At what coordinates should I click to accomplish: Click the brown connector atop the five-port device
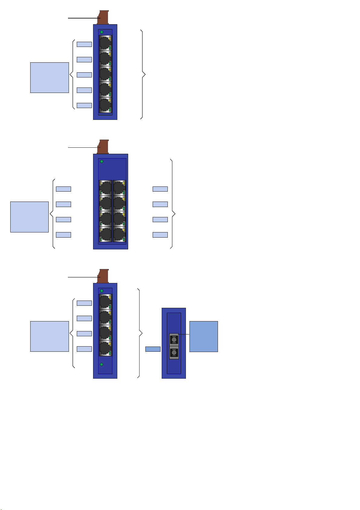[103, 17]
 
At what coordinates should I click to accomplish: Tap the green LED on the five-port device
[102, 32]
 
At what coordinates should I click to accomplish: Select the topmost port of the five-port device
[105, 43]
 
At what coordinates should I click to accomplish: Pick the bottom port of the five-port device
[105, 105]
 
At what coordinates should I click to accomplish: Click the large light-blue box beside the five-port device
[50, 77]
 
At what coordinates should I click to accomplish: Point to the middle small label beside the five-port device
[84, 75]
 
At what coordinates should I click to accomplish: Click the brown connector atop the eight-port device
[103, 146]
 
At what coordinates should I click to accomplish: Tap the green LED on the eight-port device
[102, 161]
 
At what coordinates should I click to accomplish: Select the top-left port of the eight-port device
[106, 188]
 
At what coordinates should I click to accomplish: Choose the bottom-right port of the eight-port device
[119, 235]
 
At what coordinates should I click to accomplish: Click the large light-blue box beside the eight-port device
[29, 217]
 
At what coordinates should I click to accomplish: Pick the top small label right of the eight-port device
[160, 189]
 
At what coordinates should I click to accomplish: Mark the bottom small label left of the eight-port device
[63, 235]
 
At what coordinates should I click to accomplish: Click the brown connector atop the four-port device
[103, 276]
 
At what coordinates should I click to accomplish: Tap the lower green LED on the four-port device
[102, 364]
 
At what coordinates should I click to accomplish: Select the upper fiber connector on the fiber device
[174, 340]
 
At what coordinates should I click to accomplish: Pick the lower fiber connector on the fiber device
[174, 353]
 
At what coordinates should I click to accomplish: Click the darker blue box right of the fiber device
[203, 337]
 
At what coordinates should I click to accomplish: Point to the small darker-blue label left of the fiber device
[153, 349]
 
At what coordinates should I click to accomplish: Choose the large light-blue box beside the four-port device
[50, 336]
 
